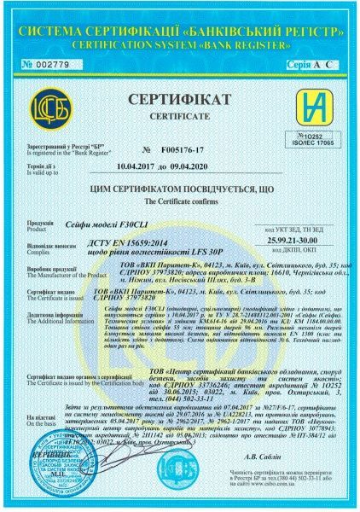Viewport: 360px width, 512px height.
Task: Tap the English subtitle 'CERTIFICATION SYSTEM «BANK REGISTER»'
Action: click(x=180, y=41)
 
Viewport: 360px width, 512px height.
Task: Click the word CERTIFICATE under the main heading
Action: click(x=179, y=118)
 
